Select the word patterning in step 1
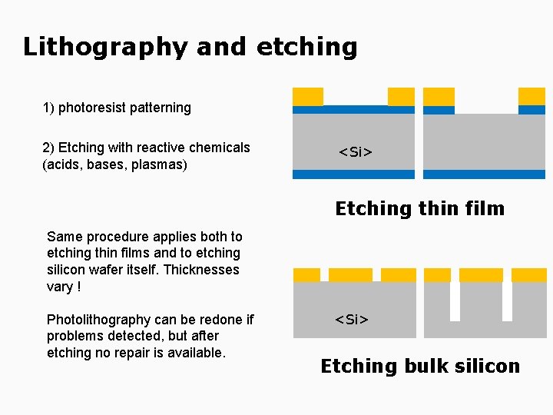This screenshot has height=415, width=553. coord(162,108)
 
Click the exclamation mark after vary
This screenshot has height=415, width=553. coord(78,287)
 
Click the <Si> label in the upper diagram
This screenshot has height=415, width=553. coord(356,152)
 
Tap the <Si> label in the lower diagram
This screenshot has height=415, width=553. coord(351,319)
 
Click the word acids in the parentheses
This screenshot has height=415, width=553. coord(64,164)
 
